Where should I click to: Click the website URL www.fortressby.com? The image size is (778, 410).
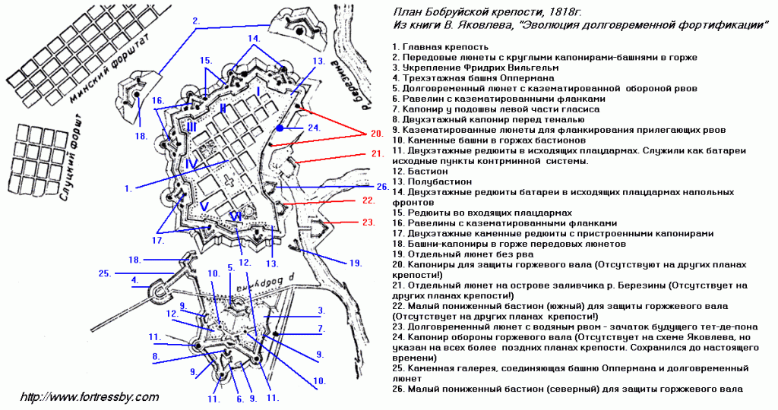pyautogui.click(x=90, y=397)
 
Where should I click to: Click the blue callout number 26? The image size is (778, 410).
pyautogui.click(x=381, y=187)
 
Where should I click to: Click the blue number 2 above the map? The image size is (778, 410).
pyautogui.click(x=196, y=20)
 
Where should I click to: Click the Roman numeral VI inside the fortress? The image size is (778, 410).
pyautogui.click(x=237, y=216)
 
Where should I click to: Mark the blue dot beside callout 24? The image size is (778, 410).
pyautogui.click(x=280, y=128)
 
